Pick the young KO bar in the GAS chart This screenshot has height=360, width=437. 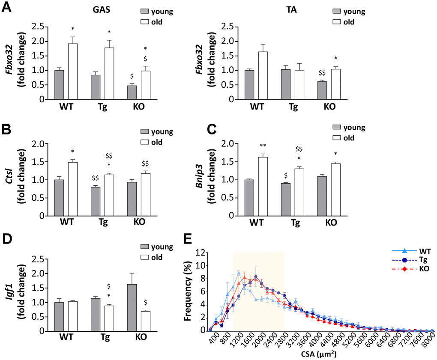pos(132,92)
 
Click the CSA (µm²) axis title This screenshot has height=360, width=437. pos(321,354)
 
